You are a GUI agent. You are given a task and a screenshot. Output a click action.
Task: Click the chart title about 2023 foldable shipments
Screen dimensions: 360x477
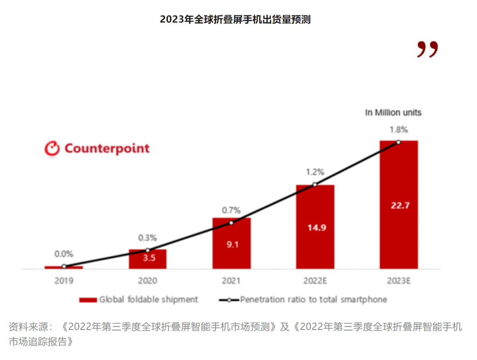point(235,19)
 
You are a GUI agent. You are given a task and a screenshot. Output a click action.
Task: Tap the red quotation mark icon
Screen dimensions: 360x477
point(428,49)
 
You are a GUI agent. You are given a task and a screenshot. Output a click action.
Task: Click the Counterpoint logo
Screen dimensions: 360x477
point(97,148)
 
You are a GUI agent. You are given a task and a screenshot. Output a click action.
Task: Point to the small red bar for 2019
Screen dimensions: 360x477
point(64,267)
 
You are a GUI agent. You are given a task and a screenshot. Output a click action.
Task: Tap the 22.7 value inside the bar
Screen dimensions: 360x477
point(399,205)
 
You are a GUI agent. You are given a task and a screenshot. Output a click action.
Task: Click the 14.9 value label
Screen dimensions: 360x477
point(315,227)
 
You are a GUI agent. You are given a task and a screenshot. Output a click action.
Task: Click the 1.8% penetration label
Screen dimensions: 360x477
point(398,130)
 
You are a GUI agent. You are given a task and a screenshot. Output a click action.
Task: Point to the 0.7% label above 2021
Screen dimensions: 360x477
point(231,210)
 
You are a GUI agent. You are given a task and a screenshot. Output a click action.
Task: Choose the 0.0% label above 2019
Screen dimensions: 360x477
point(64,254)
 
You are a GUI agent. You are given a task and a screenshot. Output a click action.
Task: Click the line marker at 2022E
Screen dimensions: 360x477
point(315,185)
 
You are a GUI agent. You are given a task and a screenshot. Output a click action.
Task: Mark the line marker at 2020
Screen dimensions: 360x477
point(148,250)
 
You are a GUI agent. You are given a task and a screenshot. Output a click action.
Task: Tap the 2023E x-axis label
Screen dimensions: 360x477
point(399,280)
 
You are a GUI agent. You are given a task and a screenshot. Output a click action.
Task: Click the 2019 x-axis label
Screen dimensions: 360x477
point(64,280)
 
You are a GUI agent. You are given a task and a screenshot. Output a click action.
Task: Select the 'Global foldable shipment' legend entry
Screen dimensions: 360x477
point(139,299)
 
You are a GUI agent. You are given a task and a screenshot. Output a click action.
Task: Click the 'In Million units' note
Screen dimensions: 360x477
point(393,113)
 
